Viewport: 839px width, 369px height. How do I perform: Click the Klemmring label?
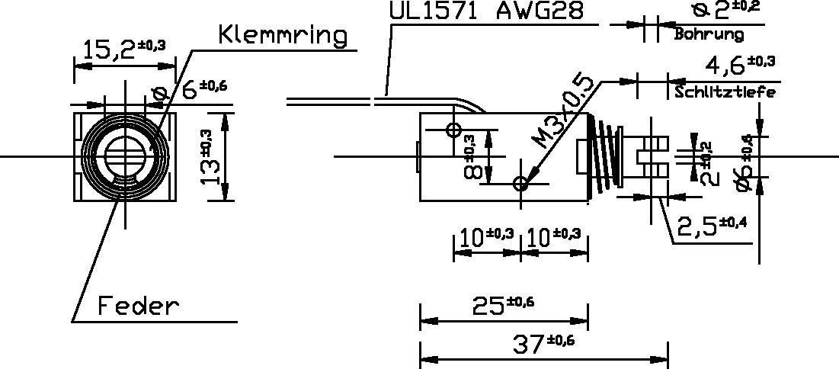(282, 35)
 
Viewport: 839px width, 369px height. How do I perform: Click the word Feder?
(138, 306)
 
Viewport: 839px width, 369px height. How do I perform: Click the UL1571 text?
(434, 11)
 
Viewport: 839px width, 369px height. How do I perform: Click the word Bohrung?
(708, 35)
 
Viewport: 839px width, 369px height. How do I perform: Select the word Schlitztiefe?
(724, 93)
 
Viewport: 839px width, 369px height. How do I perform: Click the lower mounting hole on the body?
(521, 184)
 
